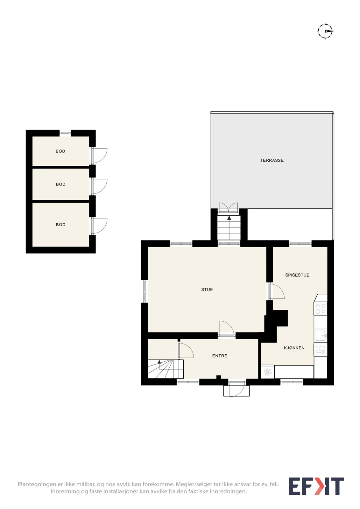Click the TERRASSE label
[272, 160]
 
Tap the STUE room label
[207, 289]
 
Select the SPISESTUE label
[297, 275]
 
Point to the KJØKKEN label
[294, 348]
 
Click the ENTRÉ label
[219, 356]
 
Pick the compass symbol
[325, 31]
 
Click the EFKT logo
[316, 486]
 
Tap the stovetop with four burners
[321, 309]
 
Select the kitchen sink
[321, 336]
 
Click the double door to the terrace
[228, 207]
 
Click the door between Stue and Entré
[226, 328]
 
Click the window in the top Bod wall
[65, 133]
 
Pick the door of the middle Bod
[99, 186]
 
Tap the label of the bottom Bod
[60, 225]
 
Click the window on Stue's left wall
[145, 291]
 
